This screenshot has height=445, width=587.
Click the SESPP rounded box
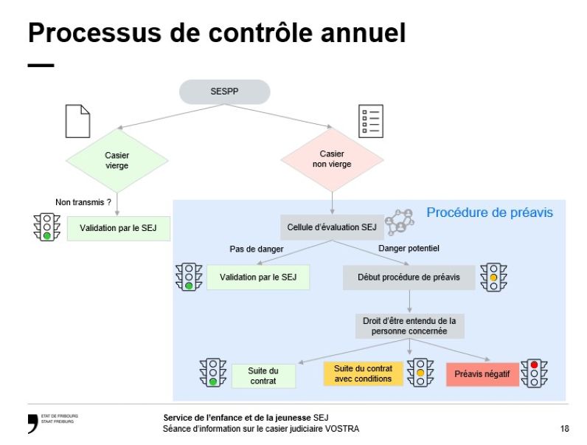click(224, 92)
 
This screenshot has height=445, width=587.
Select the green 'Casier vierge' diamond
click(117, 160)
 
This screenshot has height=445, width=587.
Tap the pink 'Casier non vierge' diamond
click(332, 159)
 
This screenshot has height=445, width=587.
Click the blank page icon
click(77, 121)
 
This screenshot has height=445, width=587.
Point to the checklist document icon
click(370, 121)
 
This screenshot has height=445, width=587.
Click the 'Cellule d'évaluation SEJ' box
click(332, 227)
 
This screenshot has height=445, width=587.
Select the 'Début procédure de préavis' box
click(409, 277)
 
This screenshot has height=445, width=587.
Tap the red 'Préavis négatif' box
click(482, 374)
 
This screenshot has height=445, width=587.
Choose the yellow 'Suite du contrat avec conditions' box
click(363, 373)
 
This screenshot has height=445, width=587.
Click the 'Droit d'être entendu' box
click(409, 326)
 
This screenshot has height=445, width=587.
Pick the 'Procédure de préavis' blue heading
click(490, 213)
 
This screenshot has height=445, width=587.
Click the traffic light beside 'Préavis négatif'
click(533, 373)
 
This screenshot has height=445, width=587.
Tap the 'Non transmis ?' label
click(83, 201)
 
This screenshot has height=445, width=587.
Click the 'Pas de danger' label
click(257, 249)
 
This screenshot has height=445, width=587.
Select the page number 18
click(564, 429)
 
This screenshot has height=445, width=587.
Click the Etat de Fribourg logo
click(52, 423)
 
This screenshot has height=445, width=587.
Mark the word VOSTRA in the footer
click(344, 429)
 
